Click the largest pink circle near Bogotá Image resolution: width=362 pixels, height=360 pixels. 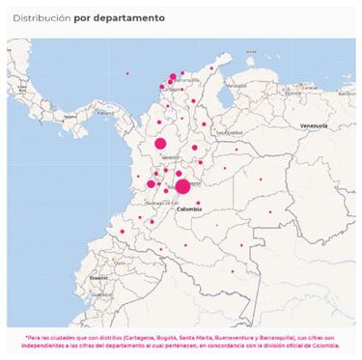pyautogui.click(x=182, y=185)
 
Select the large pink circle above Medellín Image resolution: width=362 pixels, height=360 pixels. pyautogui.click(x=160, y=144)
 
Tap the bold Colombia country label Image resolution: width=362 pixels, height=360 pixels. pyautogui.click(x=189, y=208)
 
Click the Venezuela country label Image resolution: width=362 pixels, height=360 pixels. pyautogui.click(x=315, y=126)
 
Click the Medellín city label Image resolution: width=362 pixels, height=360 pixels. pyautogui.click(x=171, y=156)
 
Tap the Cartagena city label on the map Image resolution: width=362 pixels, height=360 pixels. pyautogui.click(x=173, y=89)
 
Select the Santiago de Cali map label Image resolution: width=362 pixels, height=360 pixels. pyautogui.click(x=154, y=204)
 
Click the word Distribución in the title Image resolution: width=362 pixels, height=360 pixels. pyautogui.click(x=41, y=18)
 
